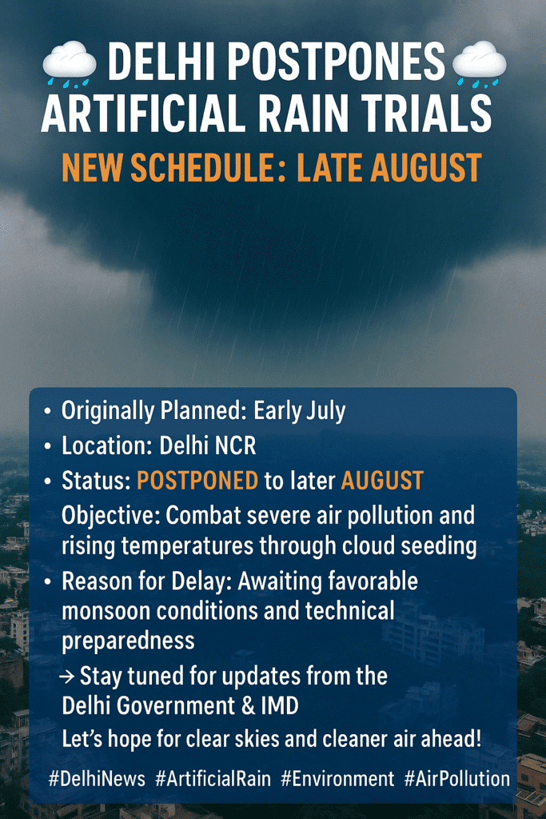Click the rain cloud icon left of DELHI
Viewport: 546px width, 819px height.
pyautogui.click(x=70, y=64)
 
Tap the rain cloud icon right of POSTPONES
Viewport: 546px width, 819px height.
pyautogui.click(x=479, y=64)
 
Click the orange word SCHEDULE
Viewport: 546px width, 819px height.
pyautogui.click(x=202, y=168)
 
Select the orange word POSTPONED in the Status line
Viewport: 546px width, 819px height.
pyautogui.click(x=197, y=481)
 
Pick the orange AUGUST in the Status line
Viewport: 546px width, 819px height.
pyautogui.click(x=382, y=481)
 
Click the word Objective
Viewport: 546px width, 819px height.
pyautogui.click(x=111, y=516)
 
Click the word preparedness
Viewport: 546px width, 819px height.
pyautogui.click(x=128, y=641)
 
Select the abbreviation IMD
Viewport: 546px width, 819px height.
pyautogui.click(x=279, y=706)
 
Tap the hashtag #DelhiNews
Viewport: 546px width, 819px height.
pyautogui.click(x=97, y=779)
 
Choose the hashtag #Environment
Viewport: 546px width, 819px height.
pyautogui.click(x=337, y=779)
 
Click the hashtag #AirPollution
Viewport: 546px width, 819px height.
pyautogui.click(x=456, y=779)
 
